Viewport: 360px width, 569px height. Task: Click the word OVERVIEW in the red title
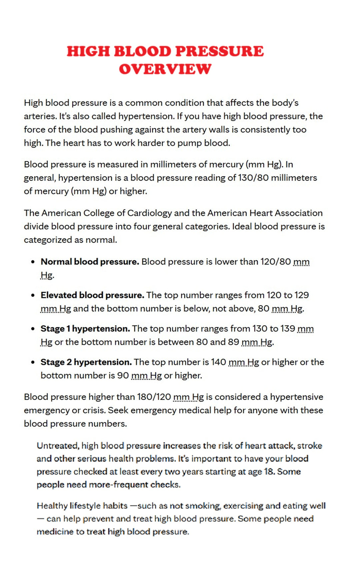tap(165, 69)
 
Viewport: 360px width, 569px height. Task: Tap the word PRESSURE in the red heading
tap(219, 51)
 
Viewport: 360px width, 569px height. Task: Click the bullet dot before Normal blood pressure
tap(33, 262)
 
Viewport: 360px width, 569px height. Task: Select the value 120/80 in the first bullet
tap(275, 262)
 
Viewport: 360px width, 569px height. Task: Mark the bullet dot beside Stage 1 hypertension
tap(33, 329)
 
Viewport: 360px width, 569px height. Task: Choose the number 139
tap(288, 329)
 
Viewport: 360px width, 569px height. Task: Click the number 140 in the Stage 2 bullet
tap(218, 362)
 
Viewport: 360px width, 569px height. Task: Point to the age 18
tap(269, 472)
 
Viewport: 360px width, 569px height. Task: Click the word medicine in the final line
tap(55, 532)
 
